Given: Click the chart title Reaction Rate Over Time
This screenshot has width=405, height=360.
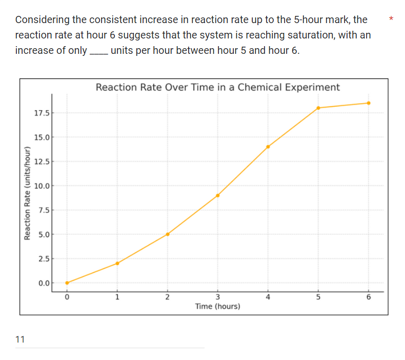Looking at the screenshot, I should coord(217,87).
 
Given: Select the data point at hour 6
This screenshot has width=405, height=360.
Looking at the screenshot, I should coord(369,103).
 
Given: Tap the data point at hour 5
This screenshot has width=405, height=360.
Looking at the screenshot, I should coord(318,108).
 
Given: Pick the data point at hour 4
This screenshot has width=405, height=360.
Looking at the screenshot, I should coord(268,147).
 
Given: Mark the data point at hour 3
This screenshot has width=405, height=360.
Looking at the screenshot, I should coord(218,195).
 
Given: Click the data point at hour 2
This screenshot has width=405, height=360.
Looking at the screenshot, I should coord(168,234).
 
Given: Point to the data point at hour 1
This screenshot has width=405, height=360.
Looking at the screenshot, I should coord(117,263).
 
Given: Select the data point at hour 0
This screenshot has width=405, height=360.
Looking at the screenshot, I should coord(67,283).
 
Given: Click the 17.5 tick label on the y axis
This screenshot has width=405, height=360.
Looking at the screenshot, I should coord(42,113).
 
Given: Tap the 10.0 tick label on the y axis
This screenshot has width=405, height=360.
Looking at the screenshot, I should coord(42,186).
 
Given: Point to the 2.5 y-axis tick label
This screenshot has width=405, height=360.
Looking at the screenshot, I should coord(44,258).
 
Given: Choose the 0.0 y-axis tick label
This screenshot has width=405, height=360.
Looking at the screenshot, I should coord(44,283).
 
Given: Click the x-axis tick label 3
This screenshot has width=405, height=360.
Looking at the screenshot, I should coord(218,297).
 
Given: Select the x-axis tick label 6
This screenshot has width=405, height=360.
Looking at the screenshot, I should coord(369,297).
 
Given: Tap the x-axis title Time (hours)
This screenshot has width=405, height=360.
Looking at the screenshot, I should coord(218,306).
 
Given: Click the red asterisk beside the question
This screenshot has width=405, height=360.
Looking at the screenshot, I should coord(391,19).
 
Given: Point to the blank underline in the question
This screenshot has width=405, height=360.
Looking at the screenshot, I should coord(98,53).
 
